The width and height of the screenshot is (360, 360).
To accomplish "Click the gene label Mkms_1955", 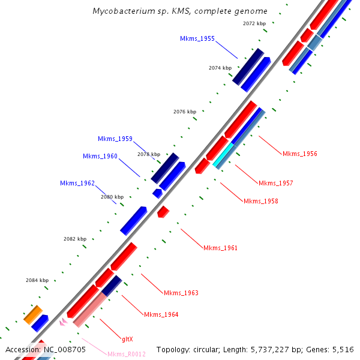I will (197, 38).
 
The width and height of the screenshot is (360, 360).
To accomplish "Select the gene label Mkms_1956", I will (299, 154).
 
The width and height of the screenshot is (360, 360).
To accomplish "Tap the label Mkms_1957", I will (275, 183).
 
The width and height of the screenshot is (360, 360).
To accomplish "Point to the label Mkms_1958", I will (260, 201).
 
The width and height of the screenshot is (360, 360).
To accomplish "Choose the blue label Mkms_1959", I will (115, 139).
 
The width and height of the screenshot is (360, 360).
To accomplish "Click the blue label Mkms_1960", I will (100, 157).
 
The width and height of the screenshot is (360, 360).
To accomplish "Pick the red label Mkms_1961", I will (220, 248).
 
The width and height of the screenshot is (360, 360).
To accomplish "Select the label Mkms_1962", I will (77, 183).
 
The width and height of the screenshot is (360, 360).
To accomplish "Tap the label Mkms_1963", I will (181, 293).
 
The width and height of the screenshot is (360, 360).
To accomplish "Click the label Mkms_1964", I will (161, 314).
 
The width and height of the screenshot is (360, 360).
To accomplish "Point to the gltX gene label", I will (127, 338).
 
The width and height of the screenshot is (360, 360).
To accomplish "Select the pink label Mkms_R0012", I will (126, 354).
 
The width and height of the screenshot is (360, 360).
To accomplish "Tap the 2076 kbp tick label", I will (185, 112).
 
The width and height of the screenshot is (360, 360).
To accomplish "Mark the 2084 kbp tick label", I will (37, 280).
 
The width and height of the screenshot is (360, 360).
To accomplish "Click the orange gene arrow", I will (33, 314).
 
